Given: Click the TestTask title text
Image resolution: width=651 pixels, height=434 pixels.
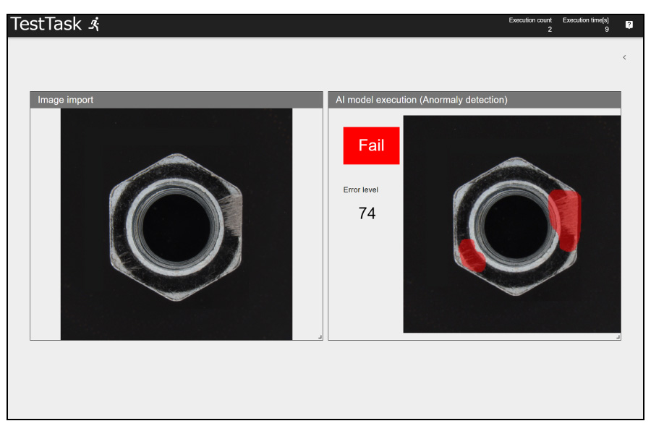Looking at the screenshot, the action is click(x=46, y=24).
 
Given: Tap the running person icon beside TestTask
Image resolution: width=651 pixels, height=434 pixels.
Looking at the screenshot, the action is click(x=95, y=24).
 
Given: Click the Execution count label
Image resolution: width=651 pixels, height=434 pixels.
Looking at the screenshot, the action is click(x=530, y=20).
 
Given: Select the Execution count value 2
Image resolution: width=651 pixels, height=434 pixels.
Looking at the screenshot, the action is click(x=550, y=29).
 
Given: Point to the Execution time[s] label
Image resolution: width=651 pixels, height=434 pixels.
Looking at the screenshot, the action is click(x=585, y=20).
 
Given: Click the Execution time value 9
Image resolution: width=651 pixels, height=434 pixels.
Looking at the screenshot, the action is click(x=607, y=29).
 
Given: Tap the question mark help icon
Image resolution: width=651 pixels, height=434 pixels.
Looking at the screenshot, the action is click(x=629, y=25).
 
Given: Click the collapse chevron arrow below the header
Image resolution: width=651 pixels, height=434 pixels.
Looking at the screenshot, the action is click(x=624, y=57).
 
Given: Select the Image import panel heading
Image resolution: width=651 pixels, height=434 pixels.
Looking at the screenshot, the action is click(x=66, y=100).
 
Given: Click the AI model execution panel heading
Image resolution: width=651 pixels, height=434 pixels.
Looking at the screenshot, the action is click(x=422, y=100).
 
